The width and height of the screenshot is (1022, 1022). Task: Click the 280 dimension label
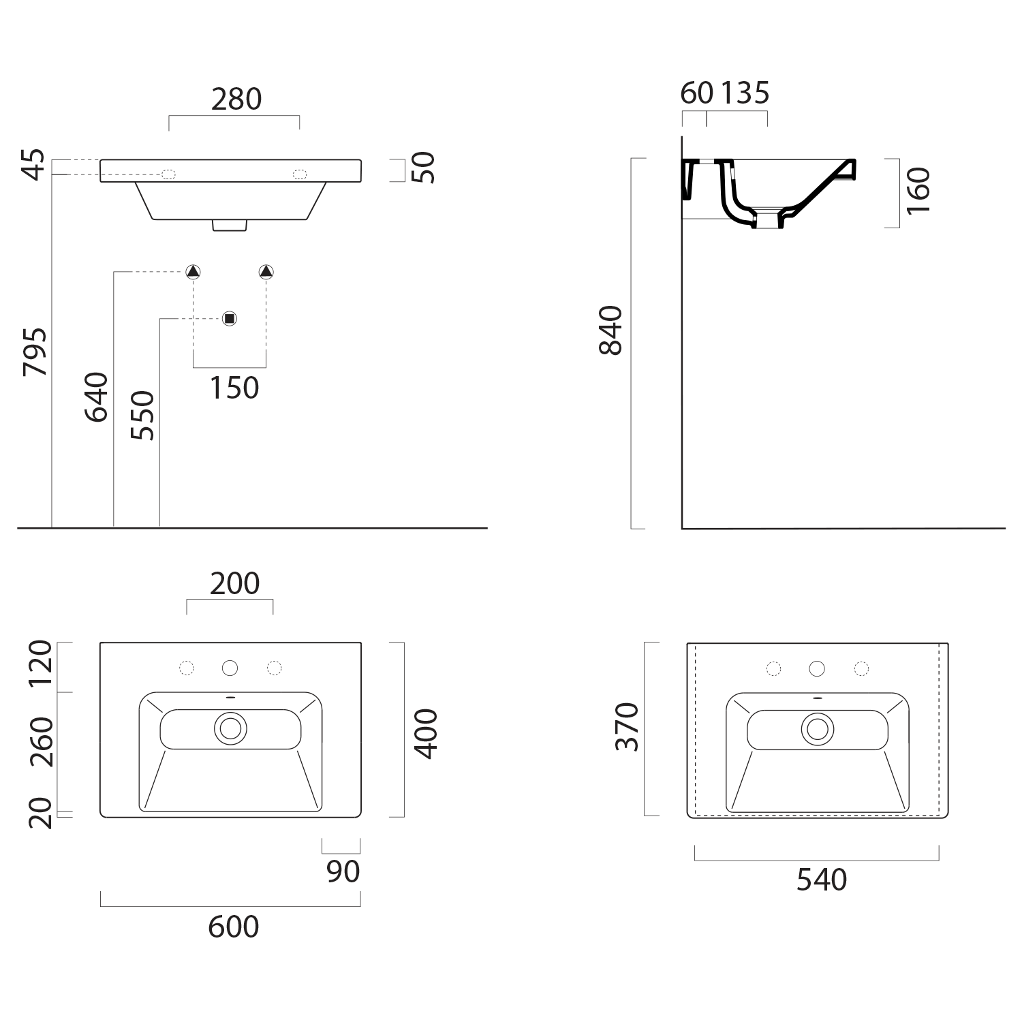click(236, 99)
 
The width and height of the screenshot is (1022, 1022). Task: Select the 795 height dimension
click(35, 352)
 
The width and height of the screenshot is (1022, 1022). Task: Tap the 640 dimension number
click(96, 397)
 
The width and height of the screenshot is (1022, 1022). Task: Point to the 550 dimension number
click(142, 415)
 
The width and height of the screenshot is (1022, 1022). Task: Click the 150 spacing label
click(234, 388)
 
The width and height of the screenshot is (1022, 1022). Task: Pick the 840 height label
click(610, 330)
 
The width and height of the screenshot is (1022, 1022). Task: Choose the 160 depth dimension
click(918, 190)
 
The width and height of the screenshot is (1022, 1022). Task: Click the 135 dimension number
click(745, 93)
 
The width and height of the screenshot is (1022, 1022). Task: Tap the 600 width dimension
click(234, 927)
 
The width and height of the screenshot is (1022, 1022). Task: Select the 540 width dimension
click(822, 880)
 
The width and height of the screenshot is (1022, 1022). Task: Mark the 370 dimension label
click(627, 727)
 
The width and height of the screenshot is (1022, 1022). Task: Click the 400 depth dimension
click(427, 734)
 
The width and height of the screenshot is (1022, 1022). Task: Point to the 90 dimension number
click(343, 872)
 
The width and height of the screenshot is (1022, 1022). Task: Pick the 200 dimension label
click(234, 584)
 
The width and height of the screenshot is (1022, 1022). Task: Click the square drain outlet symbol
click(230, 318)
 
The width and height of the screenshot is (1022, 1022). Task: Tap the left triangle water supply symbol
click(193, 272)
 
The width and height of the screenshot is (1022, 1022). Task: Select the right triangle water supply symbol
click(266, 272)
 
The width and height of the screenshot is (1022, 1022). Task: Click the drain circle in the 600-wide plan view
click(230, 728)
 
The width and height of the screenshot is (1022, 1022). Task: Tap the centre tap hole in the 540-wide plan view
click(818, 668)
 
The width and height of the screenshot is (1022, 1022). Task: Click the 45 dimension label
click(35, 164)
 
